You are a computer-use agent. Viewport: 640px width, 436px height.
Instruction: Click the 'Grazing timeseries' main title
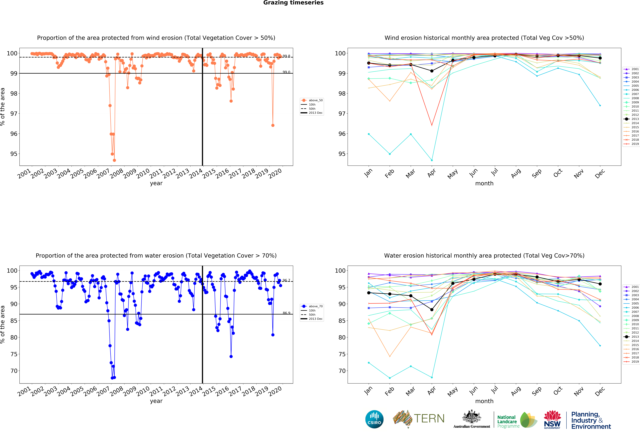(293, 3)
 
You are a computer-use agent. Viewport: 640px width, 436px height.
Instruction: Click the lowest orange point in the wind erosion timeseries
(114, 160)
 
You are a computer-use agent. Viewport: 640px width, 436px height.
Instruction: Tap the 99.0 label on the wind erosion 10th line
(286, 72)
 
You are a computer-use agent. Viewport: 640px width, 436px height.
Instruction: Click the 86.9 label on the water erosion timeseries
(286, 313)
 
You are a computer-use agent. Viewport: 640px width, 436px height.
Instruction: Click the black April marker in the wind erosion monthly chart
(432, 71)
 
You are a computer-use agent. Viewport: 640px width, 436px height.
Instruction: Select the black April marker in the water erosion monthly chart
(432, 310)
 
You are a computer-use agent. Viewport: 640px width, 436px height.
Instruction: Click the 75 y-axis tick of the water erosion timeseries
(14, 354)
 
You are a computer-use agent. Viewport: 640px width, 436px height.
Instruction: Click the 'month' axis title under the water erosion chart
(484, 401)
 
